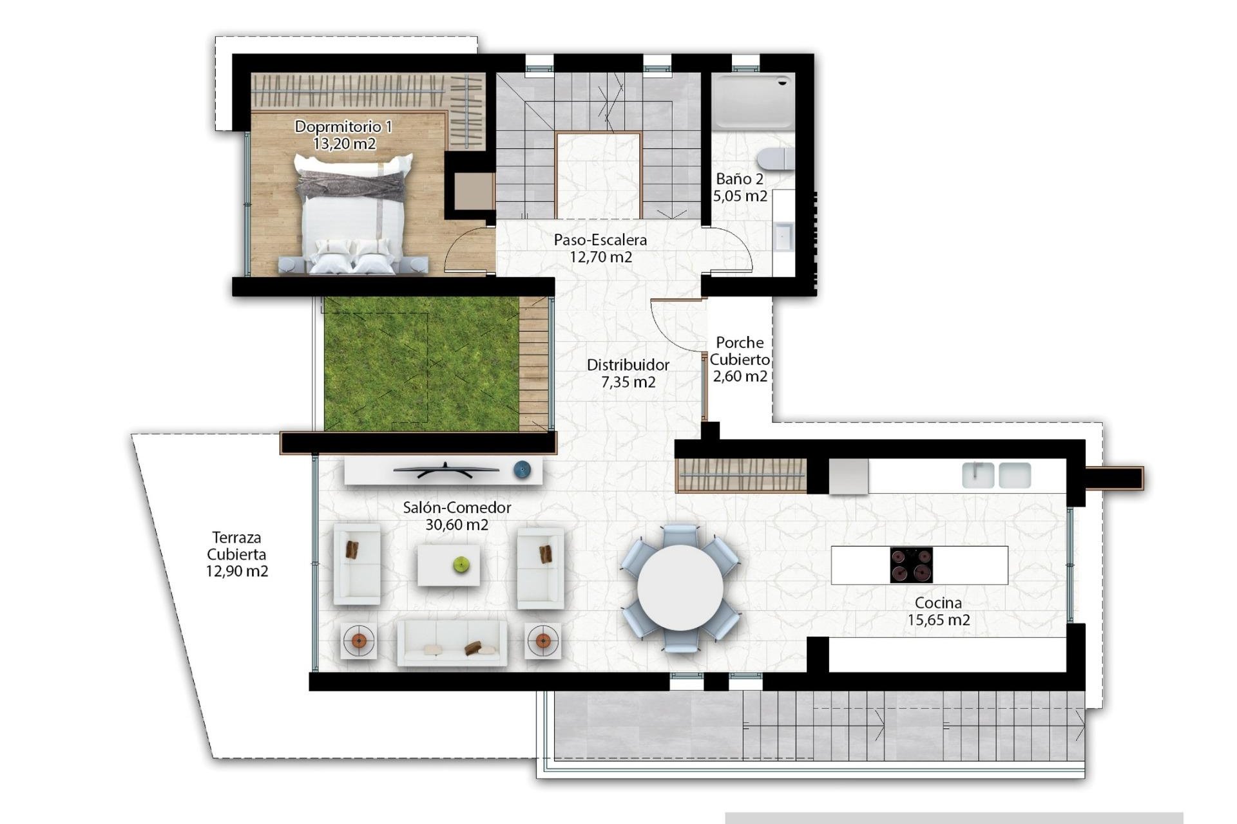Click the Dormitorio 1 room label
pos(343,127)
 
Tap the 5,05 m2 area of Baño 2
pos(740,196)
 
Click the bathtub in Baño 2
pos(753,100)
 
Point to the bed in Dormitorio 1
pos(353,216)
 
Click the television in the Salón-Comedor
pos(446,471)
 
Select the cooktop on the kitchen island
pos(911,565)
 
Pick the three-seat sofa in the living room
pos(452,642)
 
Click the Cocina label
pos(938,603)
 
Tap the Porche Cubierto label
pos(740,351)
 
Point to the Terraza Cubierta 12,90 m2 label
pos(237,554)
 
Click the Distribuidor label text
pos(628,365)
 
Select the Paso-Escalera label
pos(600,240)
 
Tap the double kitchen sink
pos(996,475)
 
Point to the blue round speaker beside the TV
pos(523,470)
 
